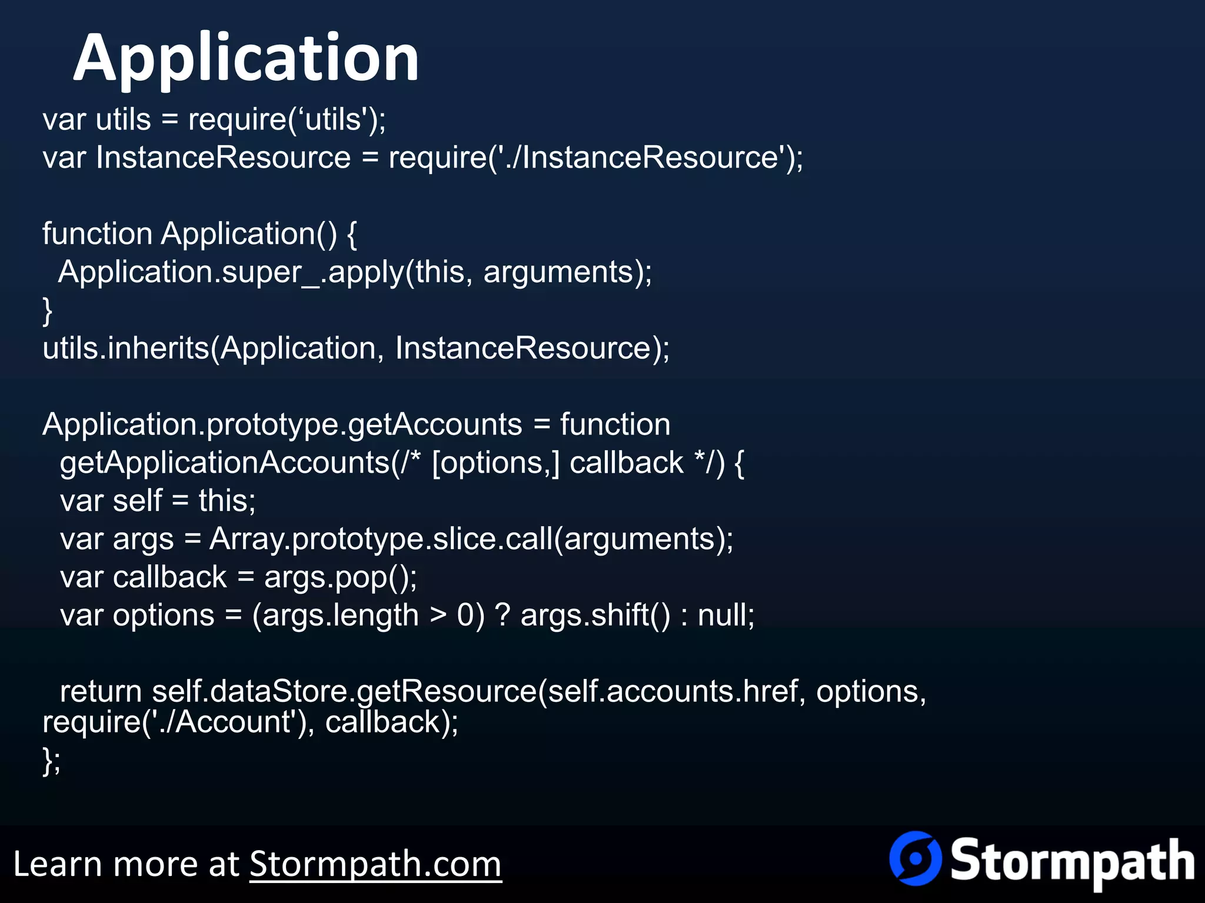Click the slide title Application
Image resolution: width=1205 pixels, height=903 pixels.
click(x=246, y=59)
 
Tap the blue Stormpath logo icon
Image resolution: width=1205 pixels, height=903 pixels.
click(x=915, y=858)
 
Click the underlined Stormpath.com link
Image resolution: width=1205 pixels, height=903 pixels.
click(x=375, y=864)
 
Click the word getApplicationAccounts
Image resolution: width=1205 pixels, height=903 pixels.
click(x=225, y=463)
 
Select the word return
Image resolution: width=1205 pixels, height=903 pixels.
click(x=101, y=691)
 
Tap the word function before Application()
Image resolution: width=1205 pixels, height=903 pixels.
click(x=97, y=234)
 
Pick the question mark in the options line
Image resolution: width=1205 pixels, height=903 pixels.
click(x=502, y=616)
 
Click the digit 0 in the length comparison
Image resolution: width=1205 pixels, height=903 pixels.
click(x=465, y=616)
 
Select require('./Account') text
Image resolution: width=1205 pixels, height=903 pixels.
click(x=175, y=722)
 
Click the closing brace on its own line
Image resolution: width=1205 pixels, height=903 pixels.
click(x=48, y=310)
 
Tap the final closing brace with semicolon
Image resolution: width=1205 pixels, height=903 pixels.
click(x=51, y=761)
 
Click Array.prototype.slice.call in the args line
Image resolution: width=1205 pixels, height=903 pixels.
click(x=381, y=539)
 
